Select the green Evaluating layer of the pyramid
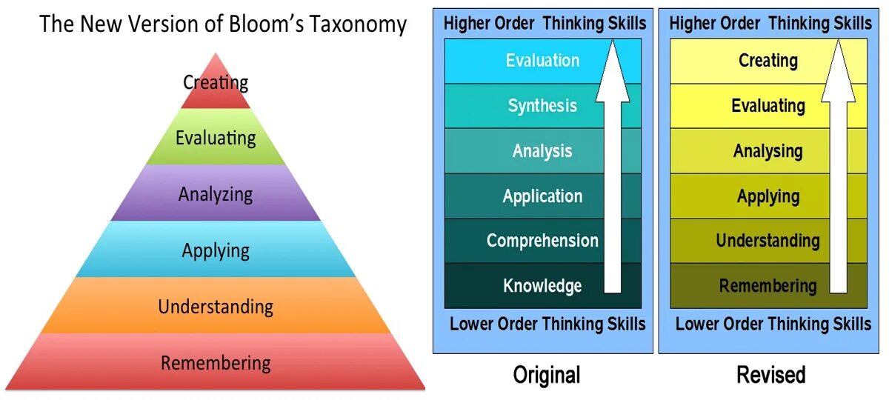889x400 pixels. click(x=216, y=139)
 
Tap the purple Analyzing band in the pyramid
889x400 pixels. click(x=216, y=194)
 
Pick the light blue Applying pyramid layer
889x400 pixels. click(x=216, y=250)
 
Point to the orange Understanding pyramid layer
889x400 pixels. click(x=216, y=306)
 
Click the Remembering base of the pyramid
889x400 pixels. click(x=216, y=363)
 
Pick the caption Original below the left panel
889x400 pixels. click(x=547, y=375)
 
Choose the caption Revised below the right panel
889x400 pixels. click(x=770, y=375)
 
